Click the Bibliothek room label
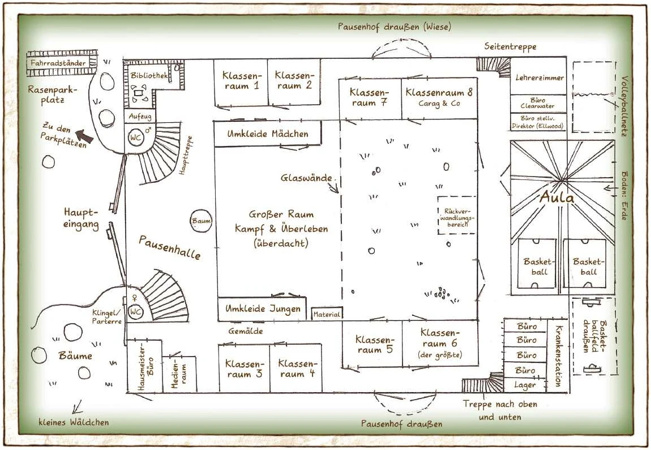tap(149, 75)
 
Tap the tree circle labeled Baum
tap(201, 221)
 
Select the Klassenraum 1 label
tap(241, 81)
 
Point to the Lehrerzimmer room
tap(539, 78)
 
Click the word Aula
tap(556, 198)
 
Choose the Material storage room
tap(327, 314)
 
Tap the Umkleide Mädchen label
tap(268, 134)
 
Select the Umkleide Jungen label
tap(262, 309)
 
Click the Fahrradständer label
tap(58, 63)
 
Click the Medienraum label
tap(175, 374)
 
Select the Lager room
tap(525, 385)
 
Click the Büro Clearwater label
tap(538, 103)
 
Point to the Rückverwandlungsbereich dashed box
tap(457, 215)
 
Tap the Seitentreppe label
tap(510, 47)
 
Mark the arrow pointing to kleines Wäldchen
tap(76, 406)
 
